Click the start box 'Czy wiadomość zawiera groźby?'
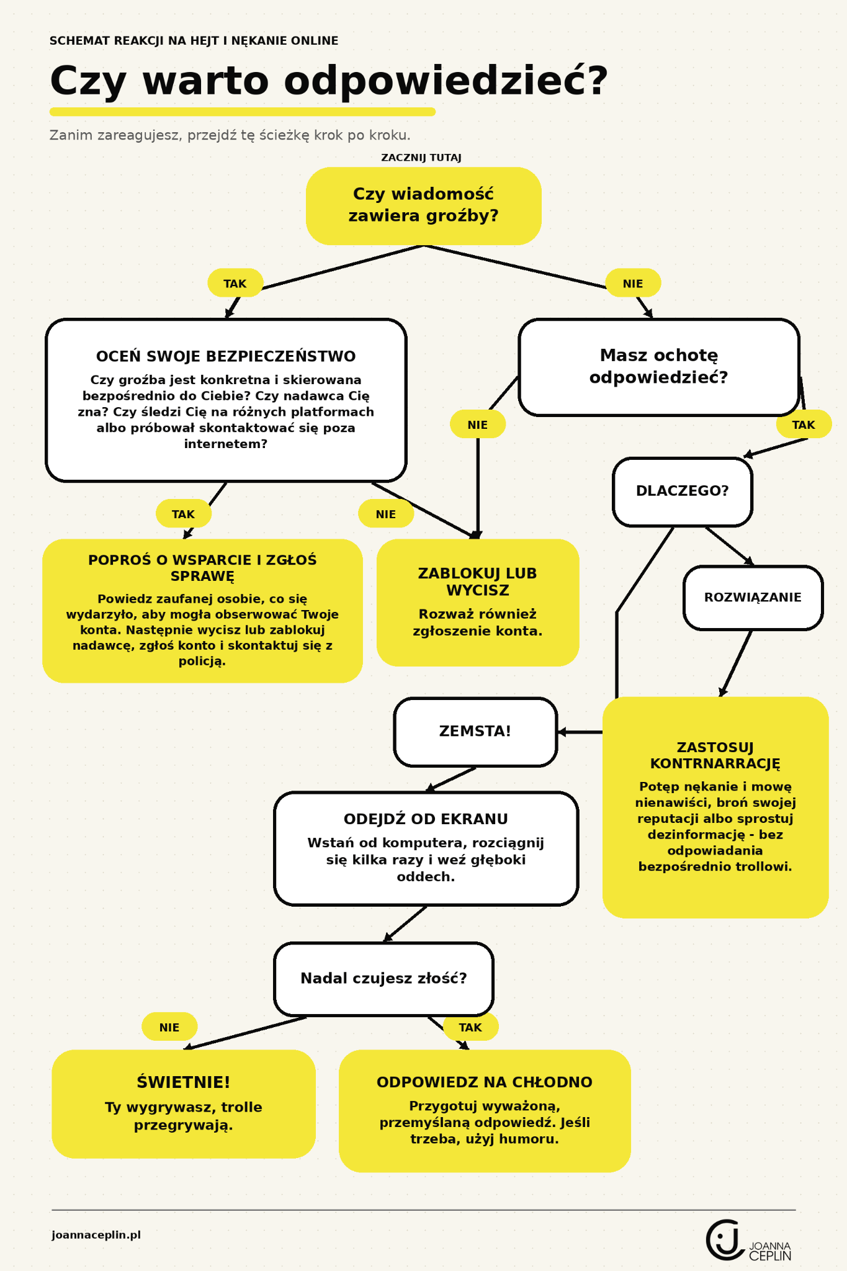pos(423,205)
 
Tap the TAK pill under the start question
pos(235,283)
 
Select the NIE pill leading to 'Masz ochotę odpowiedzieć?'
pos(633,283)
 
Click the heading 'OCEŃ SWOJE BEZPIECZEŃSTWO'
pos(226,356)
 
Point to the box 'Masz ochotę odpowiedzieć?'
pos(658,367)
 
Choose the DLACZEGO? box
pos(682,492)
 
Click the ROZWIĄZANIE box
pos(753,598)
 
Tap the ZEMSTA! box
pos(475,732)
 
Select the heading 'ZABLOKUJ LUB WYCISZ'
pos(478,582)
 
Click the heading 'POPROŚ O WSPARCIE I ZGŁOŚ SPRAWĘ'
pos(202,568)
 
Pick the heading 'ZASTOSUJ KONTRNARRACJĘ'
pos(715,755)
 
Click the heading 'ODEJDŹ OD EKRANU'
pos(426,819)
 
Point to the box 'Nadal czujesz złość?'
pos(383,979)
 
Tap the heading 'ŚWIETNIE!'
pos(184,1082)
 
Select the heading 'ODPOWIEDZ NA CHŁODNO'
pos(485,1082)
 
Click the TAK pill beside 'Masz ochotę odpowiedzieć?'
pos(804,424)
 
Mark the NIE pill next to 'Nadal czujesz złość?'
pos(169,1027)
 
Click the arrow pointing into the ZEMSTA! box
pos(580,732)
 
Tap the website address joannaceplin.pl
pos(96,1234)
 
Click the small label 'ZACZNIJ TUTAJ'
pos(421,158)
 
